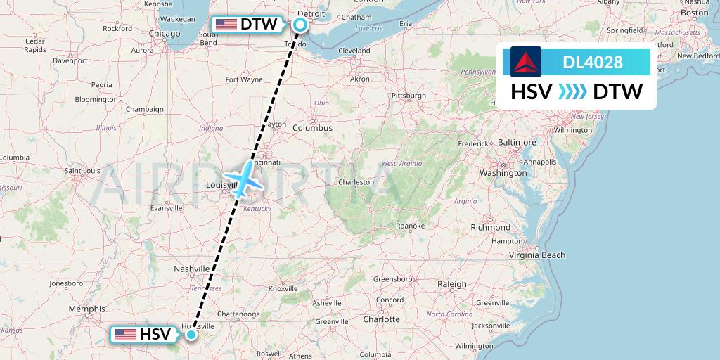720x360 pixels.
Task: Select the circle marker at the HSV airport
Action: click(191, 335)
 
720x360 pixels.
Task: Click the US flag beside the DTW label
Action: click(226, 25)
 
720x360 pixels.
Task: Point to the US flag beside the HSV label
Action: click(126, 335)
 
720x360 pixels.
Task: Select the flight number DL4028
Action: click(593, 62)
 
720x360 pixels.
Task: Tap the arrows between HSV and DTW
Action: click(567, 92)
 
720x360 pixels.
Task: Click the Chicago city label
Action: click(165, 33)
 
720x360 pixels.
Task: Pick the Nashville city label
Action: click(191, 269)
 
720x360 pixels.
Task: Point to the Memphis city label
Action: click(87, 309)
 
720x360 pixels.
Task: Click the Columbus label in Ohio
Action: click(312, 128)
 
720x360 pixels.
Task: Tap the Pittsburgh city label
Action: click(409, 95)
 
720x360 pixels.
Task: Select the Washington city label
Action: click(503, 172)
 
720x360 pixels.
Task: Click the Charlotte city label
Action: click(382, 319)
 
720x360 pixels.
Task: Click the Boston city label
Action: click(694, 13)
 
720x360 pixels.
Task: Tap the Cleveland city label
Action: click(354, 51)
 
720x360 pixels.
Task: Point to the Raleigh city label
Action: click(451, 284)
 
